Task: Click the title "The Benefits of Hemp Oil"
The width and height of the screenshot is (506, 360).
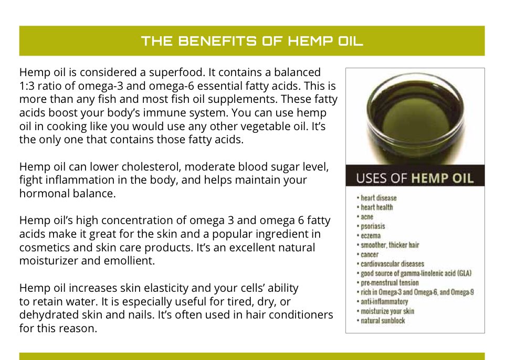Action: tap(252, 41)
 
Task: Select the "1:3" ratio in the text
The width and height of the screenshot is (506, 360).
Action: tap(27, 85)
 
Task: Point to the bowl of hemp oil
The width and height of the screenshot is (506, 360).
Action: tap(415, 118)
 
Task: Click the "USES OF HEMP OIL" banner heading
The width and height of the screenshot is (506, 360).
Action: tap(415, 177)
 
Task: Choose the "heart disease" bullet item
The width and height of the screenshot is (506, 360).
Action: tap(378, 198)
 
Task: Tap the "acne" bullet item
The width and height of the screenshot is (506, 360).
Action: tap(367, 217)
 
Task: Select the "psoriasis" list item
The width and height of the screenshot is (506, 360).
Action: tap(372, 226)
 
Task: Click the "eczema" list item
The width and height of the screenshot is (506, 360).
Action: tap(371, 236)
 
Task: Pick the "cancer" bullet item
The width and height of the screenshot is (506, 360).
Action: tap(370, 255)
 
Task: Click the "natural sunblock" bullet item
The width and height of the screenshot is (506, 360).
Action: tap(383, 321)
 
